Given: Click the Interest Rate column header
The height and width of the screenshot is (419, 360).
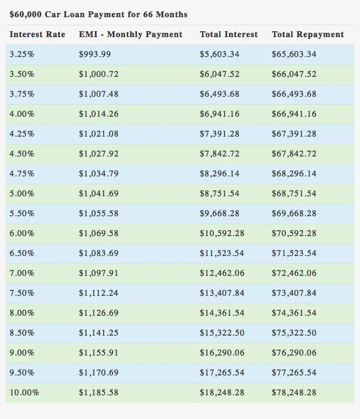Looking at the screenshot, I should (37, 34).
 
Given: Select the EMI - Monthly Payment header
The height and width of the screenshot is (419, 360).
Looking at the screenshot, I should (131, 34).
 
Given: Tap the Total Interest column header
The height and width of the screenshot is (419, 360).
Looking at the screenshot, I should (228, 34).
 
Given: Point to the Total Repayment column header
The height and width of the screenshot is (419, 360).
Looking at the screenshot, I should (307, 34).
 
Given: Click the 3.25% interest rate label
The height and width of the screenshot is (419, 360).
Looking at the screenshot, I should (22, 54).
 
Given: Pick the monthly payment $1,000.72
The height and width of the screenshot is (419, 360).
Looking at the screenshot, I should (98, 74).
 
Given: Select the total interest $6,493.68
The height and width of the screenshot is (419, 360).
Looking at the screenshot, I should (220, 94).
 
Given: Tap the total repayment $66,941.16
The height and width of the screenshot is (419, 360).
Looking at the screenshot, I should (294, 114).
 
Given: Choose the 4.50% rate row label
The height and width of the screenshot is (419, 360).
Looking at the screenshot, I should (22, 154).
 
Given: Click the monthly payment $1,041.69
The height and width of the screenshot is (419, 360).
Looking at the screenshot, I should (98, 194).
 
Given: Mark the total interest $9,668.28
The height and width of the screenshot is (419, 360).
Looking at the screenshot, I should (220, 214).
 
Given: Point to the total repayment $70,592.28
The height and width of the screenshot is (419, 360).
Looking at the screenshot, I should (294, 233).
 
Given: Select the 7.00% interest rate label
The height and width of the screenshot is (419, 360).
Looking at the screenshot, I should (22, 273).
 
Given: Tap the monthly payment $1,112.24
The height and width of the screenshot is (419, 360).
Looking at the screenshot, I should (98, 293).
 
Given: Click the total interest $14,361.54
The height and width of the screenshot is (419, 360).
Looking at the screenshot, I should (222, 313).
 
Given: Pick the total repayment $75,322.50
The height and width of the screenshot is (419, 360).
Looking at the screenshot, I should (294, 333).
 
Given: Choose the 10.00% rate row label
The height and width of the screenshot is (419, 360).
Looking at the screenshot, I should (24, 393).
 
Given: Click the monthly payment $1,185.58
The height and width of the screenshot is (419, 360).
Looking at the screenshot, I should (98, 393).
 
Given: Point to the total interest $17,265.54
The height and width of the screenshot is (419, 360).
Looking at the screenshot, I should (222, 373).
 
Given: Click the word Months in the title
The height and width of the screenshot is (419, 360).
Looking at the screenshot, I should (171, 14).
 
